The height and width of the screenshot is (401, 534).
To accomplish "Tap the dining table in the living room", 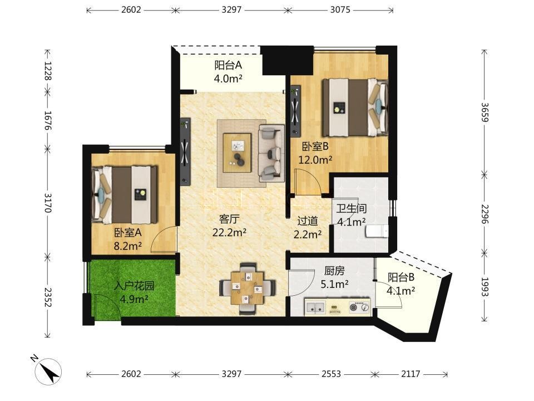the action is tap(248, 288).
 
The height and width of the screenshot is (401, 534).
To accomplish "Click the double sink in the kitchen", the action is tap(315, 306).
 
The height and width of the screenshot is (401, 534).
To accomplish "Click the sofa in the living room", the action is tap(271, 153).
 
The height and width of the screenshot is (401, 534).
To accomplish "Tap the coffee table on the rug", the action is tap(238, 153).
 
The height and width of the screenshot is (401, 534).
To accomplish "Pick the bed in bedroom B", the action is tap(355, 107).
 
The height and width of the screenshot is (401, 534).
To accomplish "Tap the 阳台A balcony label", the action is tap(228, 65).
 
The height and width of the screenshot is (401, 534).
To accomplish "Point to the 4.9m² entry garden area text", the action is tap(134, 300).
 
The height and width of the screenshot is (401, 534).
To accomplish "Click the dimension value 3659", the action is tap(484, 112).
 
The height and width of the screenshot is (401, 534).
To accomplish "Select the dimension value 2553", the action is tap(331, 374).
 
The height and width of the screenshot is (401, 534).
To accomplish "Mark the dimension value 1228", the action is tap(47, 71).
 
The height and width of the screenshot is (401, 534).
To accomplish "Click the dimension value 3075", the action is tap(340, 9).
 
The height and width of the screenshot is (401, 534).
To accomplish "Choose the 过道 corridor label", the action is tap(308, 221).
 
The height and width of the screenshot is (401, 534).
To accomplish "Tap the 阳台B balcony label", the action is tap(401, 277).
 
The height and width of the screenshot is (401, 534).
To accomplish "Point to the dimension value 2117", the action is tap(411, 374).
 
